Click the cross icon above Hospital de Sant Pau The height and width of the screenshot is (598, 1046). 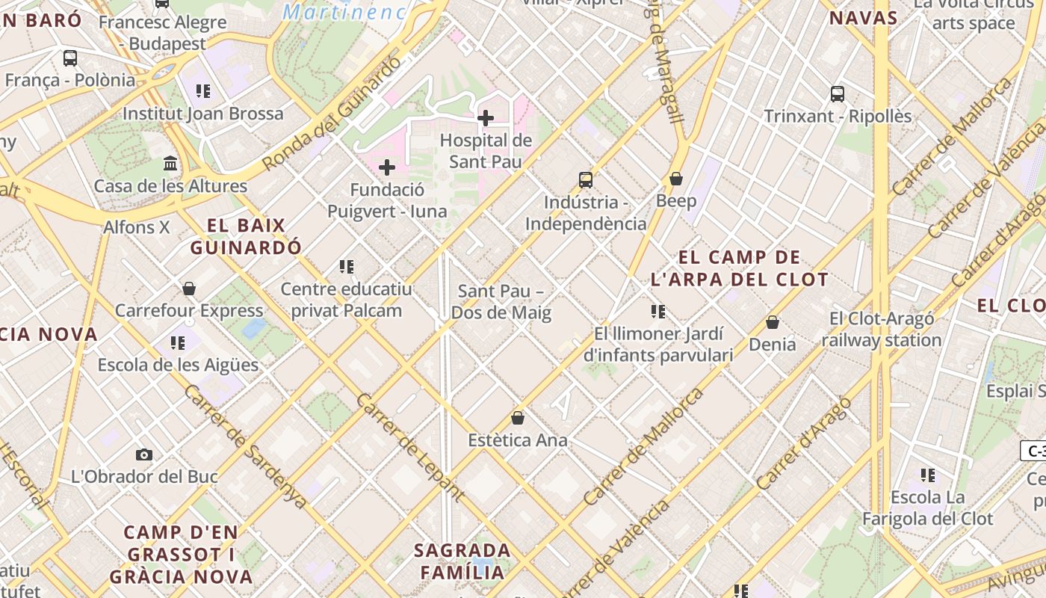pyautogui.click(x=486, y=117)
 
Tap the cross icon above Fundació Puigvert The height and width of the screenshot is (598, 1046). pyautogui.click(x=387, y=167)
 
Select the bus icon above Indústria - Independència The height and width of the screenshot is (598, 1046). pyautogui.click(x=586, y=179)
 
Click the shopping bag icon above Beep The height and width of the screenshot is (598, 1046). pyautogui.click(x=676, y=178)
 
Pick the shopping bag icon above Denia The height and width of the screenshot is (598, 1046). pyautogui.click(x=773, y=322)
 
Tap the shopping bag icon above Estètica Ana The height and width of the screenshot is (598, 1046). pyautogui.click(x=518, y=417)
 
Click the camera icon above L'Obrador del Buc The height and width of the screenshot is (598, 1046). pyautogui.click(x=144, y=454)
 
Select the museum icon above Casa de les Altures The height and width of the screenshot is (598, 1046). pyautogui.click(x=170, y=163)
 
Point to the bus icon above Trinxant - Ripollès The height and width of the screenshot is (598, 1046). pyautogui.click(x=838, y=94)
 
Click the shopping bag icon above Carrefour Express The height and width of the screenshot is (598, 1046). pyautogui.click(x=189, y=288)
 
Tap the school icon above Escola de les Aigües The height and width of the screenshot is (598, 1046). pyautogui.click(x=178, y=342)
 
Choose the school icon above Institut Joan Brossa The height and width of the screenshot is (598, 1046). pyautogui.click(x=203, y=91)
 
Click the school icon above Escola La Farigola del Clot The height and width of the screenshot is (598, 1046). pyautogui.click(x=928, y=475)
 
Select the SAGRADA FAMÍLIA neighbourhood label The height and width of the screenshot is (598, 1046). pyautogui.click(x=462, y=561)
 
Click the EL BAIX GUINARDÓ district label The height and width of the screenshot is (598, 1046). pyautogui.click(x=246, y=235)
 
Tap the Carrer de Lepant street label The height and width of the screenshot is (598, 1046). pyautogui.click(x=411, y=446)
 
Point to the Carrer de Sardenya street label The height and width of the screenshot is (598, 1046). pyautogui.click(x=246, y=446)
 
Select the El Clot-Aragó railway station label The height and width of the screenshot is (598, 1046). pyautogui.click(x=882, y=330)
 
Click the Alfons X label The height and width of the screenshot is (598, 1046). pyautogui.click(x=137, y=226)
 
